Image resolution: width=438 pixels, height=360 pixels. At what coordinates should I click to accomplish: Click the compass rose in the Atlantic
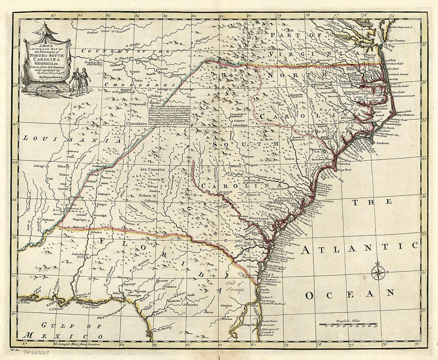tap(378, 272)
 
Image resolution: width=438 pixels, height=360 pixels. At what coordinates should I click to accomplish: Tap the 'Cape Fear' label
tap(346, 170)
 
